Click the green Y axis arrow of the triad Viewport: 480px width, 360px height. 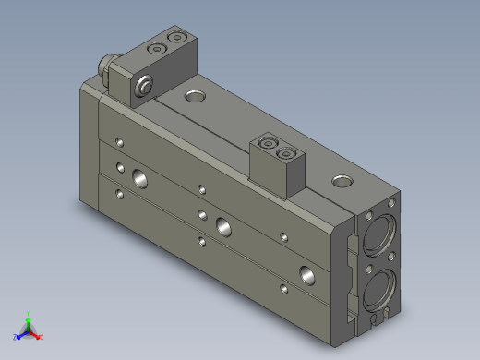(x=30, y=317)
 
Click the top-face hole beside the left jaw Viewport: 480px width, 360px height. (x=196, y=95)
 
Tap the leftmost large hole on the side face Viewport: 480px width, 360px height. (x=139, y=177)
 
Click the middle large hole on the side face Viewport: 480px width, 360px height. (x=223, y=225)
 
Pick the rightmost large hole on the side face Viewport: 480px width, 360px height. (x=306, y=273)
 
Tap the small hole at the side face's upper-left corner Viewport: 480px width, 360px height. (x=118, y=142)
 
